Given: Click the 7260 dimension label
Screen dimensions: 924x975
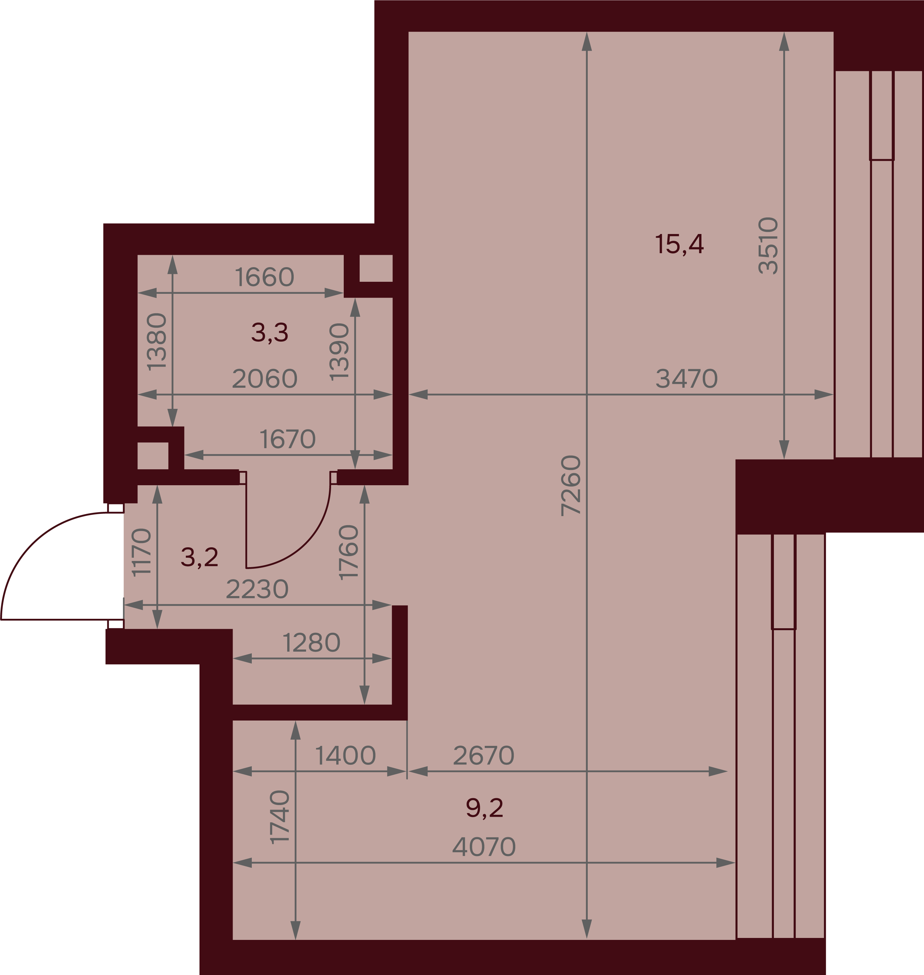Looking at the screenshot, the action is click(571, 485).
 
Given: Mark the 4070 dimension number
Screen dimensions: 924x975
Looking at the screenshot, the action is click(484, 847).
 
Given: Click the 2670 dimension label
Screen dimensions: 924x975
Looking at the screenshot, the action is click(484, 755).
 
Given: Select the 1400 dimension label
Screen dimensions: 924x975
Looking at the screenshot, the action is click(345, 755).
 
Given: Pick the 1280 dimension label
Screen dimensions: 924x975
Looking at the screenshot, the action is click(311, 643).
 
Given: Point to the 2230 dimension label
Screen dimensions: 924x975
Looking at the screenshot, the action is click(257, 589).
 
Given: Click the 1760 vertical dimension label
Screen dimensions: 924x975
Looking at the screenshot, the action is click(348, 552).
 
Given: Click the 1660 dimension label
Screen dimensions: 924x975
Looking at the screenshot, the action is click(264, 277).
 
